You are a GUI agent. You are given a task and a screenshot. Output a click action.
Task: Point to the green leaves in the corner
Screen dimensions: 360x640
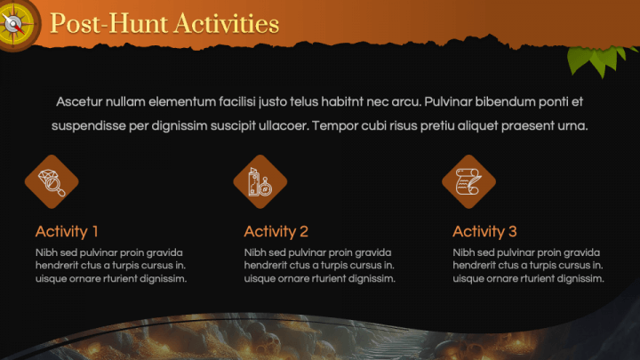pyautogui.click(x=593, y=59)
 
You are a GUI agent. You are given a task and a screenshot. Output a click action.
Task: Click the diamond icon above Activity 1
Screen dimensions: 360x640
pyautogui.click(x=51, y=181)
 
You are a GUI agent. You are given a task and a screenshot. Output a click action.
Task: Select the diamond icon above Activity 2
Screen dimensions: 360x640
pyautogui.click(x=260, y=181)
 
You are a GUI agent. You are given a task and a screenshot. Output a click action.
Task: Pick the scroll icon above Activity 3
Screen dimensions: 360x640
pyautogui.click(x=468, y=181)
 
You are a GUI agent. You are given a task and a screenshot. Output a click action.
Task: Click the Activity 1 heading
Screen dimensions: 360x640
pyautogui.click(x=67, y=232)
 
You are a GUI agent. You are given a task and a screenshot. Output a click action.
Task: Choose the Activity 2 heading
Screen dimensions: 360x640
pyautogui.click(x=276, y=232)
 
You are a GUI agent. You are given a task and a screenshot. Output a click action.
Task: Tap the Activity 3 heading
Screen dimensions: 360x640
pyautogui.click(x=484, y=232)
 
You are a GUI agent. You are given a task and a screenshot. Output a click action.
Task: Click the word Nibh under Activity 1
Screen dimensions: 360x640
pyautogui.click(x=47, y=252)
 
